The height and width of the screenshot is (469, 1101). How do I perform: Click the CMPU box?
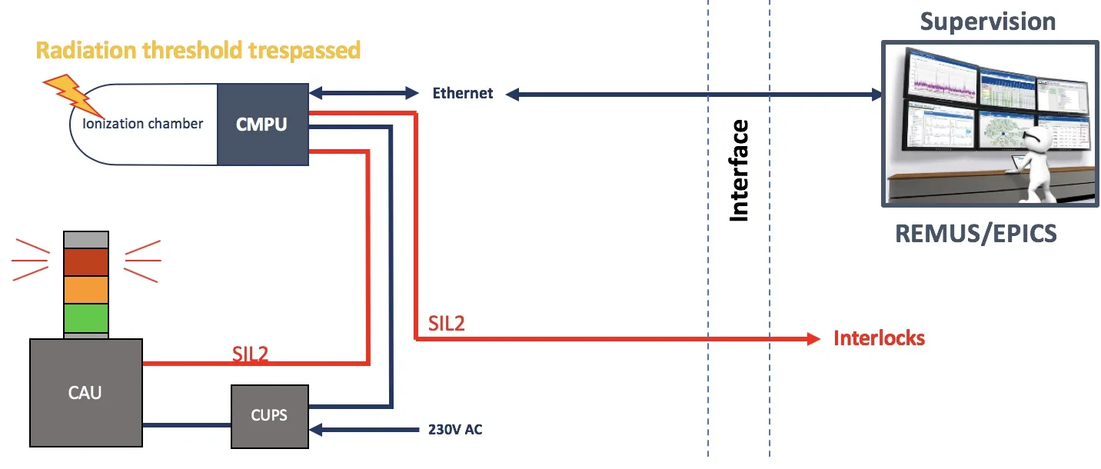tap(263, 125)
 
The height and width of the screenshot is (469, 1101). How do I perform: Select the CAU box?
tap(86, 393)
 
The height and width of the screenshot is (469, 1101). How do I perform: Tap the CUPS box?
tap(270, 417)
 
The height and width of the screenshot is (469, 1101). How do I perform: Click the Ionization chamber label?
tap(142, 123)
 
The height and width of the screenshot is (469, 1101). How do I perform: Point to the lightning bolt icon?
tap(72, 95)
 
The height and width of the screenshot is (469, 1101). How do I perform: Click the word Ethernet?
tap(463, 93)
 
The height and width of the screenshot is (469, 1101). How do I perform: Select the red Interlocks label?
tap(880, 338)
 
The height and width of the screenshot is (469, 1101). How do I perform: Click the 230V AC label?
tap(455, 430)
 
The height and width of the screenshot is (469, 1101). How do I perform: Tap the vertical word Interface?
tap(739, 171)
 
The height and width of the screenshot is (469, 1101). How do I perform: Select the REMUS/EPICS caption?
tap(976, 234)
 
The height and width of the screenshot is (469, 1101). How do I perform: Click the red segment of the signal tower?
tap(86, 262)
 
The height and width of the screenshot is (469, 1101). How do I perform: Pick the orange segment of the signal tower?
tap(86, 290)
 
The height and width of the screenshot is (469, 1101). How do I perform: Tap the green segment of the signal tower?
tap(86, 318)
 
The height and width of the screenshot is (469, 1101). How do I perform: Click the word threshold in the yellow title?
tap(193, 50)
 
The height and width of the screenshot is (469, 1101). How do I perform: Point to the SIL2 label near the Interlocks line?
tap(446, 324)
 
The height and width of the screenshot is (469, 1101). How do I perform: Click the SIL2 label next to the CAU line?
tap(250, 354)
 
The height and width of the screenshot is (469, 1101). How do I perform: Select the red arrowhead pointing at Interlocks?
tap(814, 339)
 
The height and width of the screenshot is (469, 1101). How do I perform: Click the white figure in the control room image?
tap(1037, 162)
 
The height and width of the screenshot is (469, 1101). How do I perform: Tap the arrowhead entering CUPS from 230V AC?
tap(315, 430)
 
